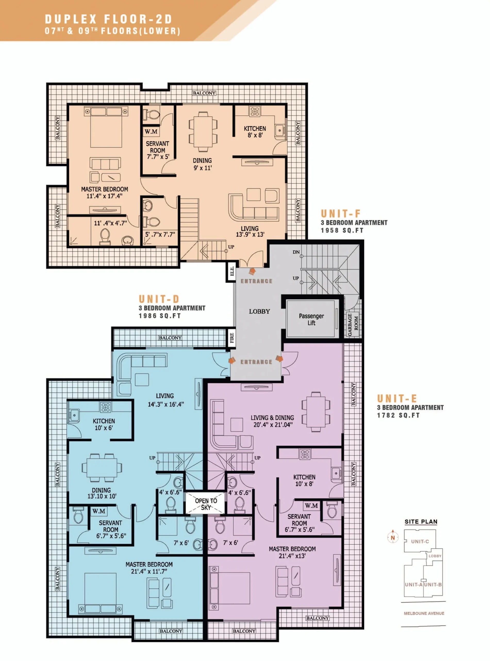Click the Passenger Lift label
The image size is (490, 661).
pos(311,319)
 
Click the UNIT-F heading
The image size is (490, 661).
pos(341,213)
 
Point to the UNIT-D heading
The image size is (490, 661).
pos(159,298)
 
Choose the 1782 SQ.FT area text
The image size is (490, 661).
pos(398,415)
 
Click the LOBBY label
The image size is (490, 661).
pos(259,311)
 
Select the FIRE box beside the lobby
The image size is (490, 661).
pos(232,337)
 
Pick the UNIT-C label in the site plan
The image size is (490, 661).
pos(420,541)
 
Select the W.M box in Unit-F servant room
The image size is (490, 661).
pos(151,131)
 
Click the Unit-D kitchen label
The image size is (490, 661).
pos(104,421)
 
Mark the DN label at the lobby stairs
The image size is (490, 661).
pos(296,252)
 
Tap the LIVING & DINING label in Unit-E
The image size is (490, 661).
pos(272,418)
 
